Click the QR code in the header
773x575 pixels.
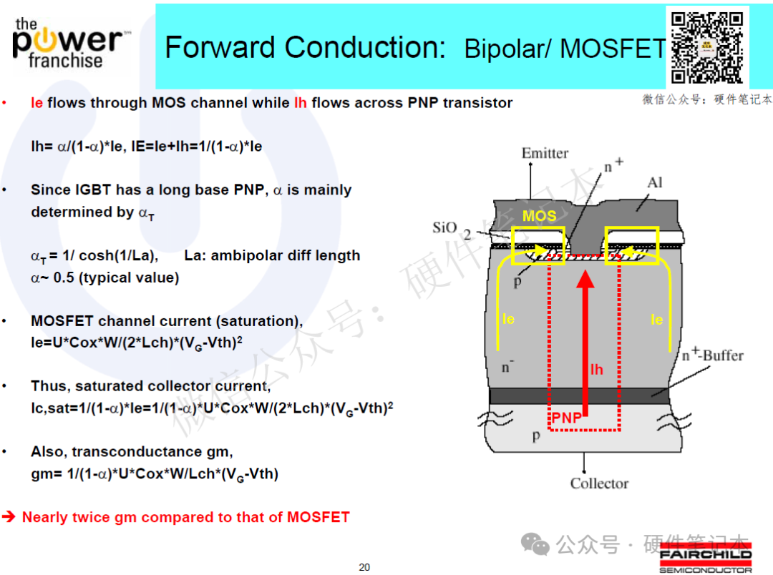(707, 47)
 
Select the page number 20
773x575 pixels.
(364, 567)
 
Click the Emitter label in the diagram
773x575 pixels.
(545, 153)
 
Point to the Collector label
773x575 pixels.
(599, 483)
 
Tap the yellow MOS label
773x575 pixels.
(540, 216)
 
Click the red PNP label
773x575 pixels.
(566, 418)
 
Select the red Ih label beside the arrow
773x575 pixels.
(596, 370)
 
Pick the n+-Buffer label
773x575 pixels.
(712, 354)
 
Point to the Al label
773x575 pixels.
(655, 183)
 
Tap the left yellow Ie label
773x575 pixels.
(508, 319)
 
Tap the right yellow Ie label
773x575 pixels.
(656, 320)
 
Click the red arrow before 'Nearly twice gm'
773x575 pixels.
(9, 516)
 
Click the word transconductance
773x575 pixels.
(143, 452)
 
